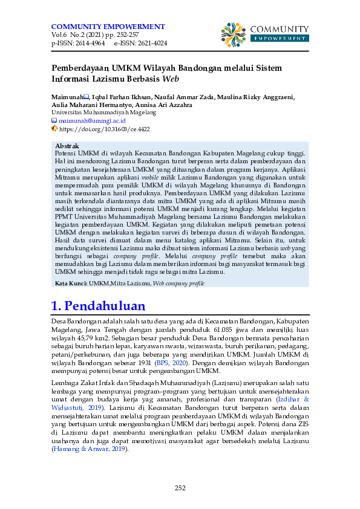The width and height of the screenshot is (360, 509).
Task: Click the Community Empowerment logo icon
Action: tap(233, 34)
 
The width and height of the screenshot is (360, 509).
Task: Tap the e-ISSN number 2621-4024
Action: tap(152, 44)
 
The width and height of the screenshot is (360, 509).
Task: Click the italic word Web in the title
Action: tap(171, 78)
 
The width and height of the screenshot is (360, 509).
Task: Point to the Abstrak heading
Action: tap(67, 146)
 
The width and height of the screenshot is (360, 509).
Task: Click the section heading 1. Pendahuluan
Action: tap(99, 305)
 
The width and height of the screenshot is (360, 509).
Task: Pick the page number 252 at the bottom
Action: tap(180, 488)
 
